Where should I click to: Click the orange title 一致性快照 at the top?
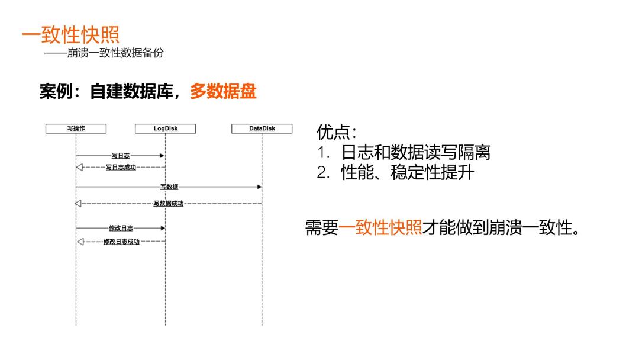point(70,34)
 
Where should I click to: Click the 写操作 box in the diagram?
point(76,128)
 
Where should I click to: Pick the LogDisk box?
point(165,128)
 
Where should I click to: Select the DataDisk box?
point(262,128)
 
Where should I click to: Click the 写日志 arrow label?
point(121,156)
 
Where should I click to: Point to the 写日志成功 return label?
point(121,167)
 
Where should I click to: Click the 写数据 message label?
point(169,187)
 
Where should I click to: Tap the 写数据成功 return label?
point(169,204)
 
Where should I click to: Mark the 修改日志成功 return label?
point(121,242)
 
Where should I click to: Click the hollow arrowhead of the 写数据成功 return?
point(78,204)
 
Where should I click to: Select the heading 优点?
point(337,132)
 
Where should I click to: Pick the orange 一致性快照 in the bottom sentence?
point(380,228)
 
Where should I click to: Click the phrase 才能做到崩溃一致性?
point(501,228)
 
